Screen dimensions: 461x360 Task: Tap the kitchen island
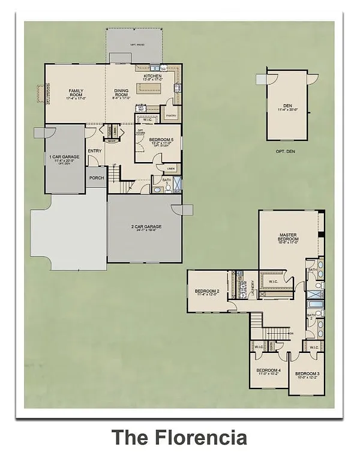coord(149,88)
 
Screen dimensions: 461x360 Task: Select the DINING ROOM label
coord(121,93)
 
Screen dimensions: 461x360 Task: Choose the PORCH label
coord(96,178)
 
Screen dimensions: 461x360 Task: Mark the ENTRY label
coord(95,151)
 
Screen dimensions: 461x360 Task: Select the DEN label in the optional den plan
coord(288,106)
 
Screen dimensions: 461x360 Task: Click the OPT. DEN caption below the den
coord(287,150)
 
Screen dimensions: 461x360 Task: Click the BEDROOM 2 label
coord(206,292)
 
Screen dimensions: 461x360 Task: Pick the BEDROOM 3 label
coord(307,374)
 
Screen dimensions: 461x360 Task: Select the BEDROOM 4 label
coord(268,370)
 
